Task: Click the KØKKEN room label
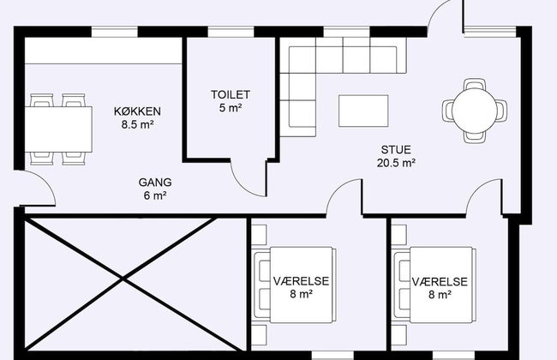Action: (x=137, y=111)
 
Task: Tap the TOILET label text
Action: (x=231, y=94)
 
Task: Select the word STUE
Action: (x=396, y=149)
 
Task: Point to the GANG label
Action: (x=155, y=183)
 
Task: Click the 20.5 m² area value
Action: (x=396, y=163)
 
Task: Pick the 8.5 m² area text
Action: (x=137, y=125)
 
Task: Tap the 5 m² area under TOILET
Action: (x=231, y=108)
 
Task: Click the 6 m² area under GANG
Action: (x=155, y=195)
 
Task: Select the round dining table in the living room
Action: (x=475, y=111)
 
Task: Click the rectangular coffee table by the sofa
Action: (x=363, y=111)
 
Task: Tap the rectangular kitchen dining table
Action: (x=58, y=129)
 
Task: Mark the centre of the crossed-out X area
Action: (x=123, y=280)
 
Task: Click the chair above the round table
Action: (x=475, y=85)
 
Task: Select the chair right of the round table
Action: (x=502, y=111)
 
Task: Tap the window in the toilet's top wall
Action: (x=231, y=32)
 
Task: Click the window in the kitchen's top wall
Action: (x=114, y=32)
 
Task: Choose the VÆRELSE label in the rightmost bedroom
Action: (x=440, y=282)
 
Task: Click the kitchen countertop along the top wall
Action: (x=104, y=51)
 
